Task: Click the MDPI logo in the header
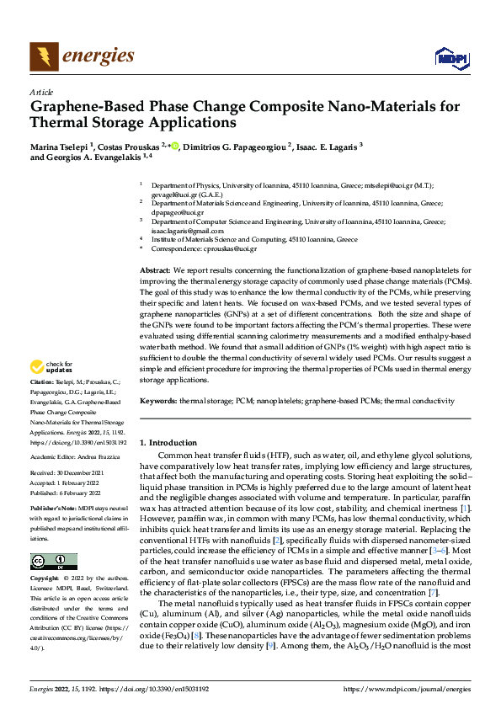450,56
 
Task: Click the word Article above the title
41,92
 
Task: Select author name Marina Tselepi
61,145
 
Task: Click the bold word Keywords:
159,402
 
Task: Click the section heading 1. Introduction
168,442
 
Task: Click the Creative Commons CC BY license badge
54,562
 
